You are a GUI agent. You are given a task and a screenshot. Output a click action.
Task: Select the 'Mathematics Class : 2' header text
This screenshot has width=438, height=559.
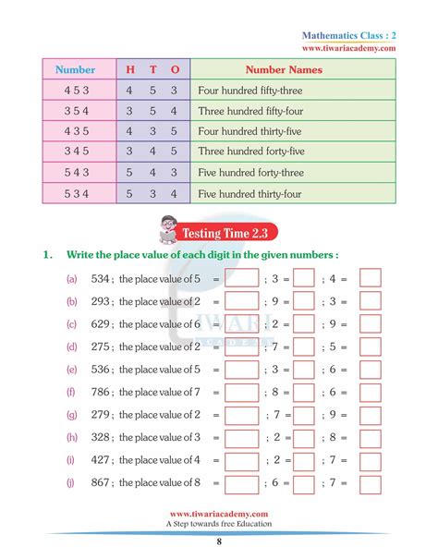point(349,34)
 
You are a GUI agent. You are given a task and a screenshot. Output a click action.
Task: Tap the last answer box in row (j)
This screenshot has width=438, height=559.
point(370,482)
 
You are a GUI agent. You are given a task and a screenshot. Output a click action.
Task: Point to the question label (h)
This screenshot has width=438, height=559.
point(71,437)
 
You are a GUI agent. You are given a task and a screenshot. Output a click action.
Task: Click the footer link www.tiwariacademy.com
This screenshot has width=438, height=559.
point(218,514)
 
